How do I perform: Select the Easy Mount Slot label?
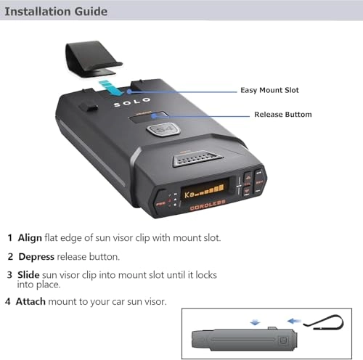tap(269, 91)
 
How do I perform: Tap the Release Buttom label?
tap(282, 115)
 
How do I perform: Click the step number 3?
tap(9, 275)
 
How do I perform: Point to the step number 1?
tap(9, 237)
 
